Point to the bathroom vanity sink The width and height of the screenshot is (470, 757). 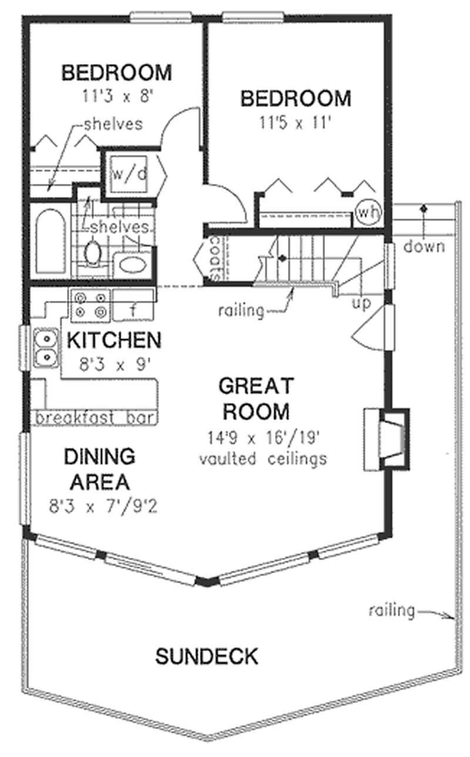click(x=133, y=264)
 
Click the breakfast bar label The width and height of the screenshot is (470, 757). click(x=95, y=418)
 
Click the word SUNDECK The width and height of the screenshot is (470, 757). click(x=206, y=656)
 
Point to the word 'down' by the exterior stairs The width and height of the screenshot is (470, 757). click(x=424, y=246)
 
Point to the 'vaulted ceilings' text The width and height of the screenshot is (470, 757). click(x=263, y=458)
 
